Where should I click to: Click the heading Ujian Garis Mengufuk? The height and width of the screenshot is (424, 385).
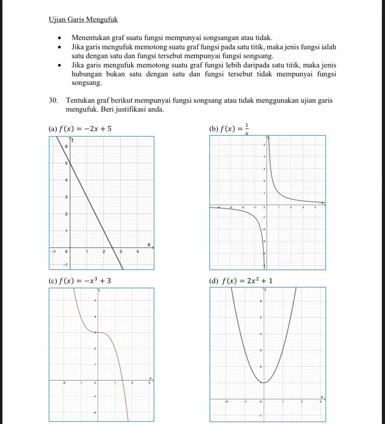point(83,20)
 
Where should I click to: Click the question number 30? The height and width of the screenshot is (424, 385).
point(53,100)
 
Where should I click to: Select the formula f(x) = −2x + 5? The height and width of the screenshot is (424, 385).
point(85,129)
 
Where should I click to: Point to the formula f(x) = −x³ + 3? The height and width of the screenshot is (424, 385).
point(85,281)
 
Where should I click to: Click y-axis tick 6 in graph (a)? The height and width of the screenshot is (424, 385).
point(66,146)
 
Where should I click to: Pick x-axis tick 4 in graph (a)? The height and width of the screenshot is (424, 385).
point(138,251)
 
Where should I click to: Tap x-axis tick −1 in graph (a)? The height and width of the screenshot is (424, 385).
point(53,251)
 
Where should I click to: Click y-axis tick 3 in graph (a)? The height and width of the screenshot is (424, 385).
point(66,197)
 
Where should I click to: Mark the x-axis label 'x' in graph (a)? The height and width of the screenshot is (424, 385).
point(149,244)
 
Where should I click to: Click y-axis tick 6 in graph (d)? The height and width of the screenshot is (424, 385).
point(260,301)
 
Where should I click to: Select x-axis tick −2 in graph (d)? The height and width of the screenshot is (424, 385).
point(225,401)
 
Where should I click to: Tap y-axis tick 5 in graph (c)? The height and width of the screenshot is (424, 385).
point(95,300)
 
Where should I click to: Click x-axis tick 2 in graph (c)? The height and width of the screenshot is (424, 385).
point(132,383)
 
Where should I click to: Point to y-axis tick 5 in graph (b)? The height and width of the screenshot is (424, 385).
point(264,145)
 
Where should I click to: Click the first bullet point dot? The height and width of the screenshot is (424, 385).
point(60,38)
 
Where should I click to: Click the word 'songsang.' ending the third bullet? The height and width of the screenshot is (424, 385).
point(87,83)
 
